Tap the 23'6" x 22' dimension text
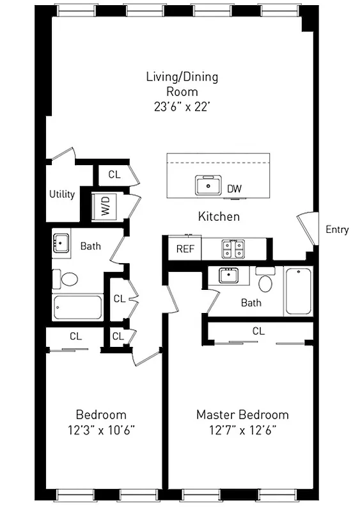pos(182,107)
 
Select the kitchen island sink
pos(208,186)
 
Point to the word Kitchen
pos(219,216)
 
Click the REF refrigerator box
pos(185,248)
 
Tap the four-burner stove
pos(231,248)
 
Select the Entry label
pos(337,229)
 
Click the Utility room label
pos(62,194)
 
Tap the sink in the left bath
pos(62,243)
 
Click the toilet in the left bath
pos(66,279)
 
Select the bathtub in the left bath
pos(78,307)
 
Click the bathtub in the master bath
pos(299,291)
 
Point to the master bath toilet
pos(265,279)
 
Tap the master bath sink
pos(228,275)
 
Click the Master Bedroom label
pos(242,414)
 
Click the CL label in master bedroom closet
pos(258,331)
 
